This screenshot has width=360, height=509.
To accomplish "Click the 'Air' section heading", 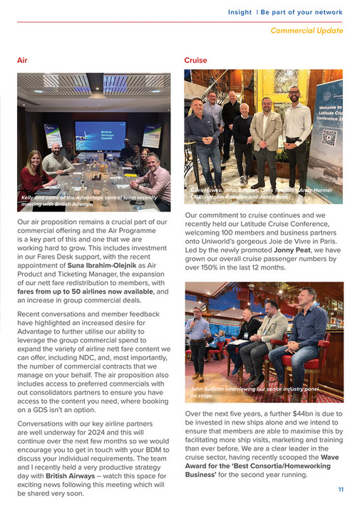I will click(x=22, y=61).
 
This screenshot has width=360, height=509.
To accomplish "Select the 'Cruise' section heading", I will click(x=195, y=61).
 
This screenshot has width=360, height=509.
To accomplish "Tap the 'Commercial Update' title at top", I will click(x=307, y=31).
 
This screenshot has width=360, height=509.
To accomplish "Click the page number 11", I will click(x=341, y=489).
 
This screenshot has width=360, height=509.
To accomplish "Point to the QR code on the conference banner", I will click(x=329, y=137).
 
